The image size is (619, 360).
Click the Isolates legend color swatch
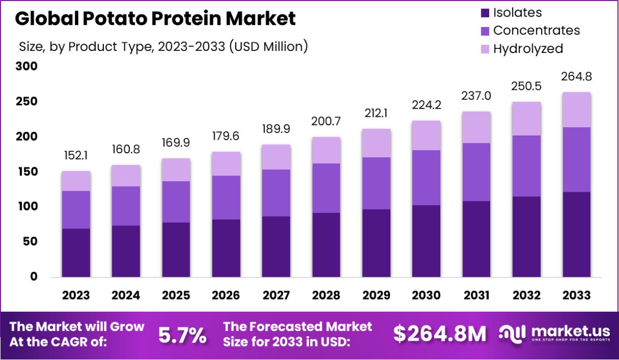[486, 13]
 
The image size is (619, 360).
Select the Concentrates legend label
[536, 31]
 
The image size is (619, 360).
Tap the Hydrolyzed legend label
[528, 49]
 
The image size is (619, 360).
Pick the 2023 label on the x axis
[76, 296]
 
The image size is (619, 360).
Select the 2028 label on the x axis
[326, 296]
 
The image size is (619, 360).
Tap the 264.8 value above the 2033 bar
[576, 77]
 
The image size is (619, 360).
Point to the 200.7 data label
[326, 122]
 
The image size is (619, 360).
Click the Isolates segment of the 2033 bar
[576, 234]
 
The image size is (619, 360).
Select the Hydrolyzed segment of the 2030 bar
[426, 136]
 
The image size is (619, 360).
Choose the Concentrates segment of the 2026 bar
[226, 197]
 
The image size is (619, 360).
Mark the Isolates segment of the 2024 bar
[126, 251]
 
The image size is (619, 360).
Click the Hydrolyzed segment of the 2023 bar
[76, 181]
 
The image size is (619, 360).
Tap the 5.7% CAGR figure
[182, 336]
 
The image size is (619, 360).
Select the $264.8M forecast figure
[439, 335]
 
